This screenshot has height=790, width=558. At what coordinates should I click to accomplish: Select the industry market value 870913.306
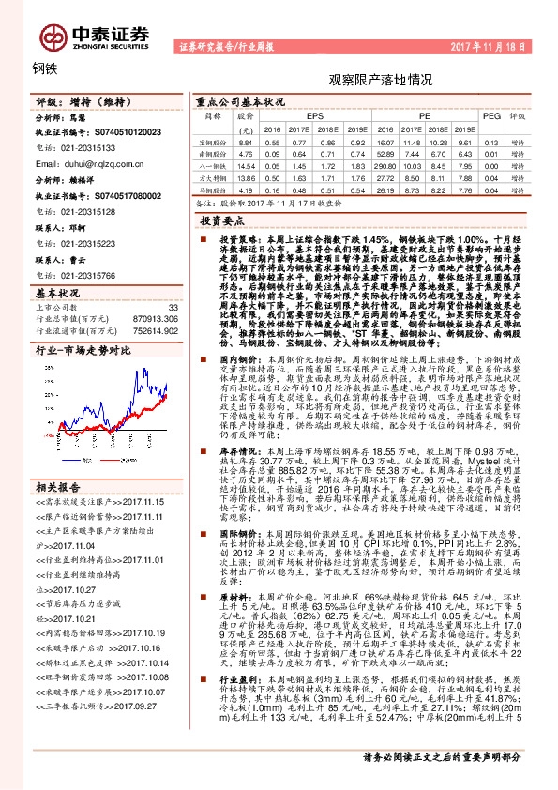(153, 320)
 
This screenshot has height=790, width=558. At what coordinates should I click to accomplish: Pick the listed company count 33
(172, 307)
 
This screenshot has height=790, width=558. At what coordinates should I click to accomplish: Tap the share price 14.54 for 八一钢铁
(247, 164)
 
